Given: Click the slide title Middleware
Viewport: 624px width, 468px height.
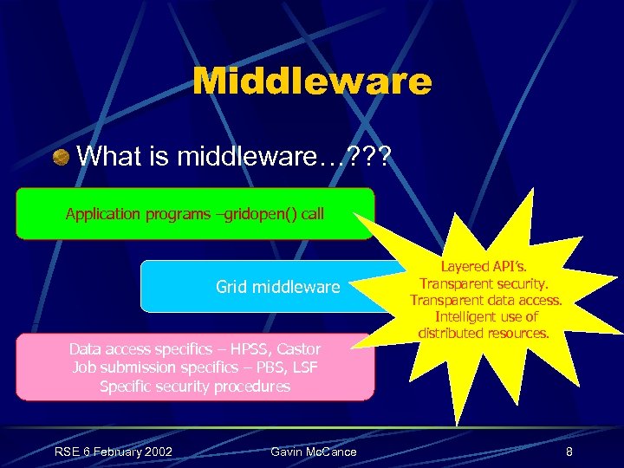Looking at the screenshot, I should point(311,82).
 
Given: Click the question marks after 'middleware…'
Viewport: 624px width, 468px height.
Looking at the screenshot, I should point(367,157).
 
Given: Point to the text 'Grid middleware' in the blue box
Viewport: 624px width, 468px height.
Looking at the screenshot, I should point(277,286).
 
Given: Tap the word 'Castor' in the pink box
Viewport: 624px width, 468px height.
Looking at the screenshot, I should point(299,349).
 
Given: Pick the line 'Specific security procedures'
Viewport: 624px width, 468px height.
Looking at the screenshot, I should point(195,387).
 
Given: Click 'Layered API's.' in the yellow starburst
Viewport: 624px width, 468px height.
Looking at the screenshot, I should point(485,268).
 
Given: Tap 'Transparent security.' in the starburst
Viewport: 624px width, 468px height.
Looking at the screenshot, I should point(485,284).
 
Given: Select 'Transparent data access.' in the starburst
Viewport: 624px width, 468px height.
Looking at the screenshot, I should point(485,301).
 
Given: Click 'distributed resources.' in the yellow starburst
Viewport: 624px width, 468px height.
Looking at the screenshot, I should point(485,333).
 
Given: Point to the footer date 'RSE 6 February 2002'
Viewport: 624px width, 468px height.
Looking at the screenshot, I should point(114,451).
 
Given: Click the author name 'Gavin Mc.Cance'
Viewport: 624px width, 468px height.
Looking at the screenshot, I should point(314,452).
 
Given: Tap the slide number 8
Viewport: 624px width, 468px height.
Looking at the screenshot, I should point(569,452).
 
